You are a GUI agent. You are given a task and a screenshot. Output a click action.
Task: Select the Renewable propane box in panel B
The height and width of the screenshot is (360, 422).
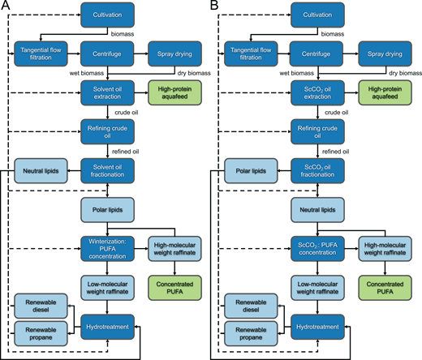(x=243, y=333)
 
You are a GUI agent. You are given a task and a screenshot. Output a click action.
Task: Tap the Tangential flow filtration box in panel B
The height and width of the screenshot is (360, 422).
(x=243, y=53)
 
